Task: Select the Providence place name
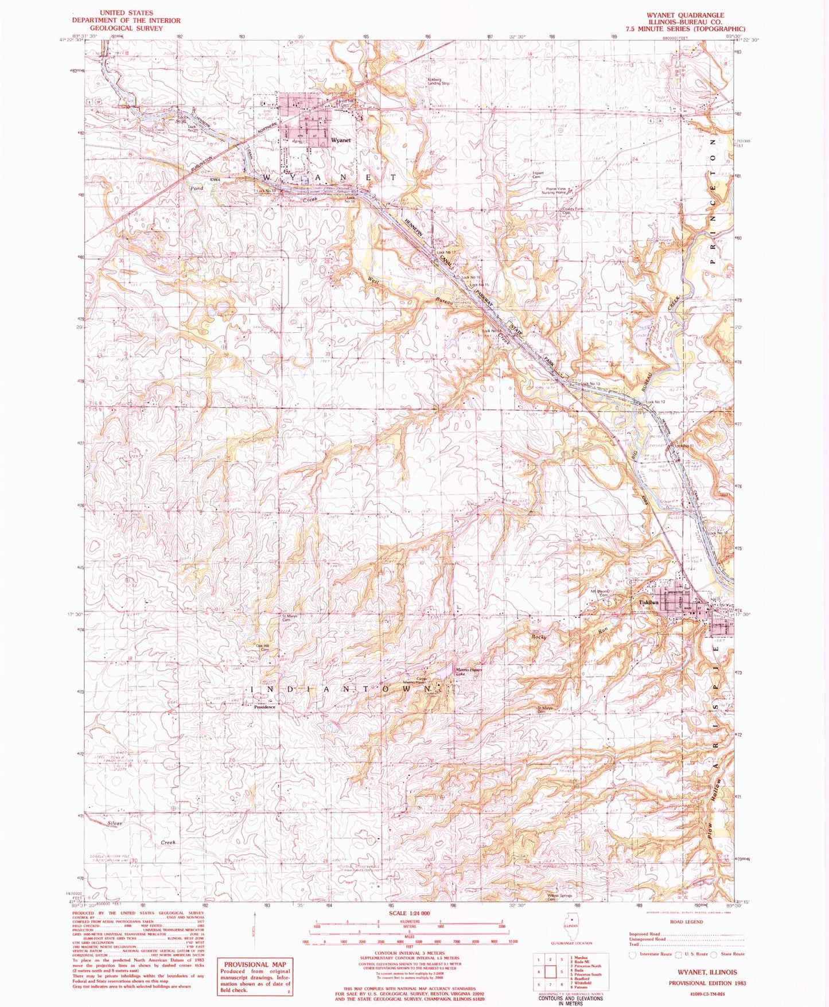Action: point(265,707)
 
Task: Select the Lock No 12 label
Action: point(655,402)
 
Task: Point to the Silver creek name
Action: point(115,823)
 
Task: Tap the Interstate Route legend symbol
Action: point(633,954)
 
